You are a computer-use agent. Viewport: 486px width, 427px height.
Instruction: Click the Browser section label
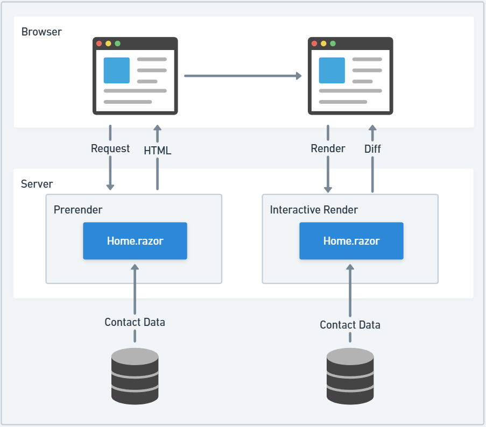pyautogui.click(x=41, y=32)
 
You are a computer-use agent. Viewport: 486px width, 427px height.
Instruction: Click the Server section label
pyautogui.click(x=37, y=184)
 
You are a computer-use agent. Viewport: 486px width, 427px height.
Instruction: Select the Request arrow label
pyautogui.click(x=110, y=148)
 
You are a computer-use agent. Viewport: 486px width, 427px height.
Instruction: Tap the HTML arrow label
pyautogui.click(x=157, y=151)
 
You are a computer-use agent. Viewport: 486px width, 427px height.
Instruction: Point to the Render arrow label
pyautogui.click(x=328, y=148)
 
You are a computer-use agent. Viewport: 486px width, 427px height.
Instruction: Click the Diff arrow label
pyautogui.click(x=372, y=149)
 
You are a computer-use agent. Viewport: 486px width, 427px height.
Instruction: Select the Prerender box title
pyautogui.click(x=78, y=209)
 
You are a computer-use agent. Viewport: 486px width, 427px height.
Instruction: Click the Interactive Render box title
pyautogui.click(x=314, y=210)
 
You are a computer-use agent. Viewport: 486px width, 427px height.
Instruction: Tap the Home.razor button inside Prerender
pyautogui.click(x=135, y=241)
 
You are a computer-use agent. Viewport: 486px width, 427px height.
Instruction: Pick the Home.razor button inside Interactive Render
pyautogui.click(x=351, y=241)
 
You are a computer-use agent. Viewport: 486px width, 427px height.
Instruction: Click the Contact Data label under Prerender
pyautogui.click(x=135, y=322)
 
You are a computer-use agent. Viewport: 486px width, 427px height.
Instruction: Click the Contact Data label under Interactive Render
pyautogui.click(x=350, y=325)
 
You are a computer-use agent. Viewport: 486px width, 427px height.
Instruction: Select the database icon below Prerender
pyautogui.click(x=135, y=376)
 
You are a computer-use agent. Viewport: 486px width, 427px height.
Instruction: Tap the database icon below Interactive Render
pyautogui.click(x=350, y=376)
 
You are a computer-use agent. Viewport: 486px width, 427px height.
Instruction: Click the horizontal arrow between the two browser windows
pyautogui.click(x=242, y=76)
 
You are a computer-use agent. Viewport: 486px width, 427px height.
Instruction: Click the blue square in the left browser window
pyautogui.click(x=117, y=70)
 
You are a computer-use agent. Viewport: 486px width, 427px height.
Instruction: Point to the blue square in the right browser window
pyautogui.click(x=332, y=70)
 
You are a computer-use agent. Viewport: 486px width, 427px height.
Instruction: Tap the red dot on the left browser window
pyautogui.click(x=99, y=44)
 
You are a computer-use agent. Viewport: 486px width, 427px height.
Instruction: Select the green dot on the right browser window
pyautogui.click(x=333, y=44)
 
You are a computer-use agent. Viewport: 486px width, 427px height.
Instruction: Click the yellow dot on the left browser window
pyautogui.click(x=108, y=44)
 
